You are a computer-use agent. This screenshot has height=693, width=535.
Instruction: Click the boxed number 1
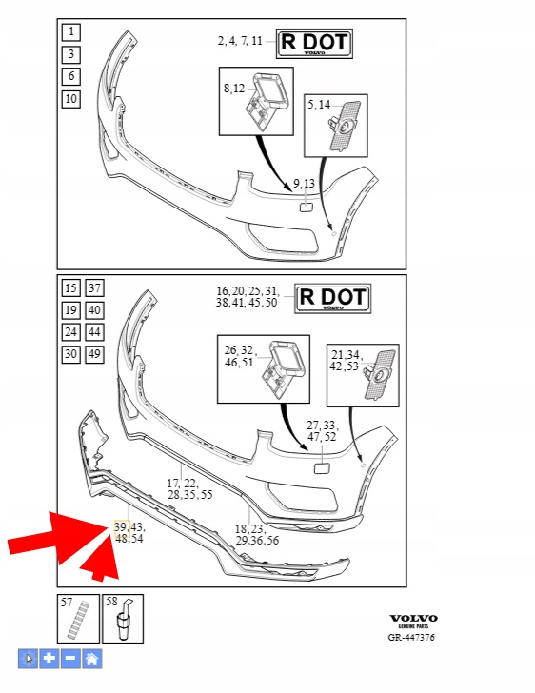[70, 31]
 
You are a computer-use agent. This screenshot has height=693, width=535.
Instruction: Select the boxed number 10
[70, 99]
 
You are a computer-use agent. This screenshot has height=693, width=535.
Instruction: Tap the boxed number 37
[94, 288]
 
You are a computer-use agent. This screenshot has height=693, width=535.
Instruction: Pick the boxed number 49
[94, 354]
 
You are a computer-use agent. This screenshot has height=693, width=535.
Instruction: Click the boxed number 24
[70, 332]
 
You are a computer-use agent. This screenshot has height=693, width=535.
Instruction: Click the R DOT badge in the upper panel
[314, 44]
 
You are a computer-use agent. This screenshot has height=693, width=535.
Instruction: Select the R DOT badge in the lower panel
[333, 299]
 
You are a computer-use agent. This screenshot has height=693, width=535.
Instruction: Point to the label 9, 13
[305, 183]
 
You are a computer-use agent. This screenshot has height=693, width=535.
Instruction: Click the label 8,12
[234, 89]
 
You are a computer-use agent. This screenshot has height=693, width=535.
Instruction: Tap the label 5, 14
[319, 105]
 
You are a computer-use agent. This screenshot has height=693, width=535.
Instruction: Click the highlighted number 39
[121, 526]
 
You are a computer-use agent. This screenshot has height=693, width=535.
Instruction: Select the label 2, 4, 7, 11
[240, 41]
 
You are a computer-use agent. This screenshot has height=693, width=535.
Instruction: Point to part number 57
[67, 602]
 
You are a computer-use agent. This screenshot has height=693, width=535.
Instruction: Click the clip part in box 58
[124, 620]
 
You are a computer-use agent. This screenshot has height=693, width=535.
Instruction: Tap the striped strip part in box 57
[78, 621]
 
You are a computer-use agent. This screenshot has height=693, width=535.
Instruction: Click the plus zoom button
[50, 659]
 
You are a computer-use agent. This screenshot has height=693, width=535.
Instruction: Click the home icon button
[92, 659]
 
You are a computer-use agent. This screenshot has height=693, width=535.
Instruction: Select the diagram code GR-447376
[411, 638]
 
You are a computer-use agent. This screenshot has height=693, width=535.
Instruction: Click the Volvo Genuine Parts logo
[413, 621]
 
